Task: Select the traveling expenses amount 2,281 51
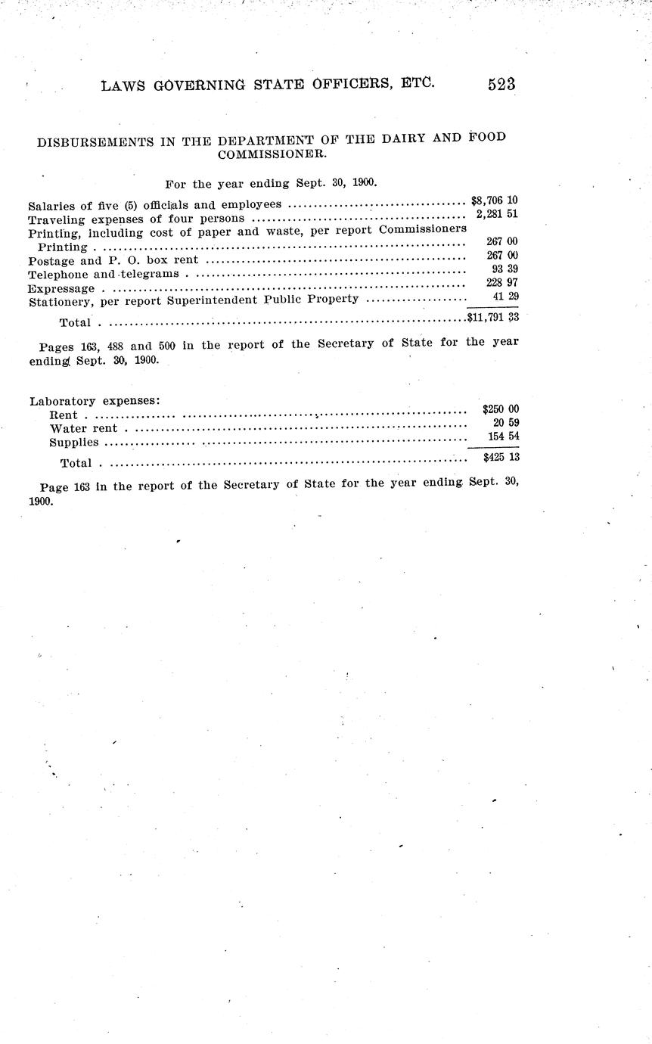(497, 215)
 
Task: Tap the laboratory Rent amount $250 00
(500, 409)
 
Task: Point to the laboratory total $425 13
(500, 457)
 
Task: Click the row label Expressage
(61, 288)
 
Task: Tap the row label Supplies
(73, 442)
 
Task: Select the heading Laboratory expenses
(94, 401)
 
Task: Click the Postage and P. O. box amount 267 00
(502, 256)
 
